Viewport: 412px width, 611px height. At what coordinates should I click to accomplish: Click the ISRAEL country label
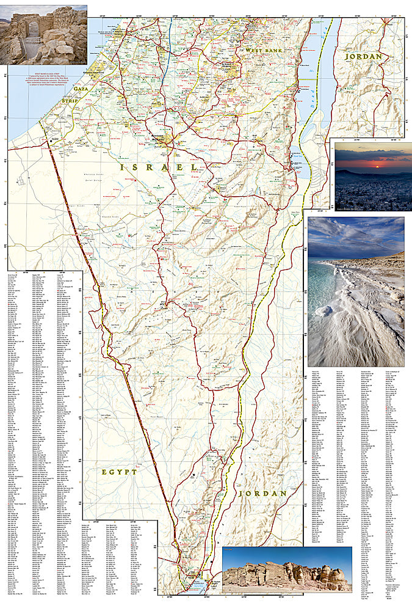point(158,167)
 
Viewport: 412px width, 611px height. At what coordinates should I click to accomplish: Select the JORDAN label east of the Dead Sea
point(363,57)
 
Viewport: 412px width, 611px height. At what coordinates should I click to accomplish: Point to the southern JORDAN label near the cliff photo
point(262,492)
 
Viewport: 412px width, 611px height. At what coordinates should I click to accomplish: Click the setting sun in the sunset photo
point(374,163)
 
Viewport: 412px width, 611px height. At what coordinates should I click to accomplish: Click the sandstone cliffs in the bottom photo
point(287,574)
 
